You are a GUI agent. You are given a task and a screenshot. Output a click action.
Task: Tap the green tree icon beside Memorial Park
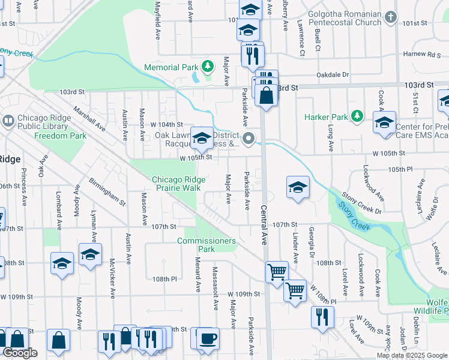pos(208,65)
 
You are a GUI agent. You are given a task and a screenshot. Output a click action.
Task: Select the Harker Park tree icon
pos(357,115)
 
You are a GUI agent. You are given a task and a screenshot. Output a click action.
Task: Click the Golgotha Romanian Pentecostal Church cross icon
pos(391,16)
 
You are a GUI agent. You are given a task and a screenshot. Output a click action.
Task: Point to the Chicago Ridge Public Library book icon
pos(9,120)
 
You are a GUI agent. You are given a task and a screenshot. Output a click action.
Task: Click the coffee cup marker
pos(208,337)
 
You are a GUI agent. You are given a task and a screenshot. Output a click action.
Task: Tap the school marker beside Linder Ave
pos(298,187)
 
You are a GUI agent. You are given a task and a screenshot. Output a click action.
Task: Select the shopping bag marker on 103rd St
pos(265,95)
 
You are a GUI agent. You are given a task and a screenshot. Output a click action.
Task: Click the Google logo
pos(20,353)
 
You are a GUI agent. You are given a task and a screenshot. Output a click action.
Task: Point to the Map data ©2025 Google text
pos(412,355)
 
